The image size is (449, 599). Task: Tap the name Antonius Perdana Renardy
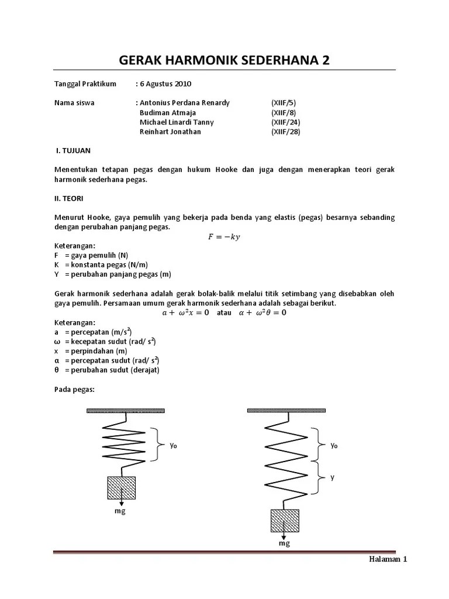pyautogui.click(x=184, y=103)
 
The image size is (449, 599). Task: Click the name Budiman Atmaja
pyautogui.click(x=168, y=112)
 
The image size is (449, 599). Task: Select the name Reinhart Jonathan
pyautogui.click(x=170, y=132)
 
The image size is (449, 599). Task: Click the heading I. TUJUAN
pyautogui.click(x=73, y=151)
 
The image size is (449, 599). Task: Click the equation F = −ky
pyautogui.click(x=224, y=236)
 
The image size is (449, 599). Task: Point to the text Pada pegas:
pyautogui.click(x=74, y=389)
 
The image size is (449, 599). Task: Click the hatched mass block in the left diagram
pyautogui.click(x=121, y=487)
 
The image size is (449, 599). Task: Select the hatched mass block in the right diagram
pyautogui.click(x=285, y=521)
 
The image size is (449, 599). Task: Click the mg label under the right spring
pyautogui.click(x=284, y=543)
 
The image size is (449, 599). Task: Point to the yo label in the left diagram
pyautogui.click(x=173, y=446)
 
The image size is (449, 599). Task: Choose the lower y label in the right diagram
pyautogui.click(x=332, y=477)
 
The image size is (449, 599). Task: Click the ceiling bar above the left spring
pyautogui.click(x=125, y=411)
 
